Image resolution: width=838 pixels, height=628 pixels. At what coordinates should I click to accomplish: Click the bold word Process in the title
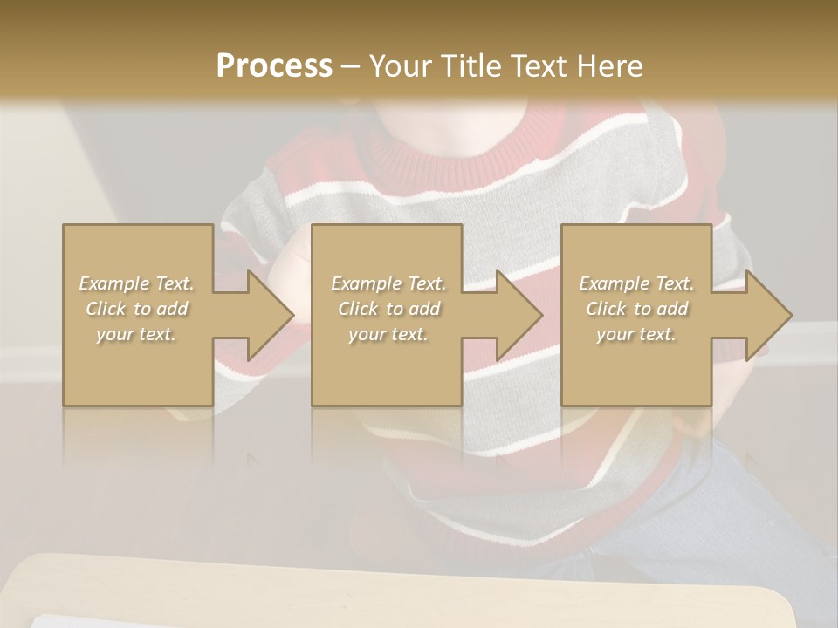tap(274, 66)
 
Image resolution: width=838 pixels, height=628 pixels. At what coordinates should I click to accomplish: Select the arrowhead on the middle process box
tap(513, 315)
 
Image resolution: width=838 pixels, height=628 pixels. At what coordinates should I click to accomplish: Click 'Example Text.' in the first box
tap(137, 283)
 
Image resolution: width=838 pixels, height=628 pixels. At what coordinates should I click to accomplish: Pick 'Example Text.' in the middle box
tap(388, 283)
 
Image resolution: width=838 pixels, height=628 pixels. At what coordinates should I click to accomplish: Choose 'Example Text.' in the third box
tap(636, 283)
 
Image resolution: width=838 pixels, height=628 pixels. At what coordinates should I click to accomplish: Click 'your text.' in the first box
tap(137, 334)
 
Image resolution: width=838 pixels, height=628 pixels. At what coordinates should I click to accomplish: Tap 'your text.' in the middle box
tap(388, 334)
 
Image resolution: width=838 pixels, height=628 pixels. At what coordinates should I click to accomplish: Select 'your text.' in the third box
tap(636, 334)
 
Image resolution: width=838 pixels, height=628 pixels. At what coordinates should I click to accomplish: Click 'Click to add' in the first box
tap(137, 309)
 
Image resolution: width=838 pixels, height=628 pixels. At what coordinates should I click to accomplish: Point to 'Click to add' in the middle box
tap(388, 309)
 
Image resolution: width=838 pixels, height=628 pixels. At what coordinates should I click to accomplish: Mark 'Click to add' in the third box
tap(636, 309)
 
